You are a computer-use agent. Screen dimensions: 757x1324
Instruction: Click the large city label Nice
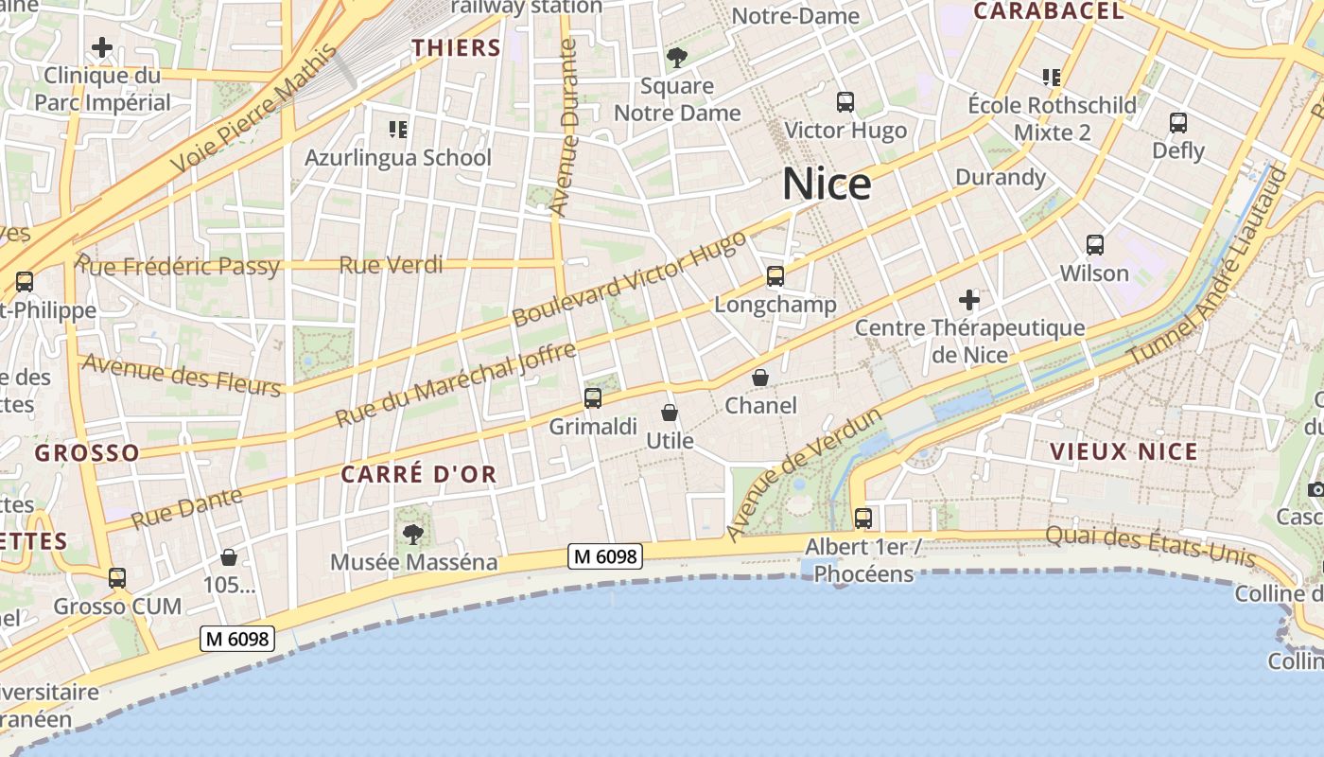point(827,184)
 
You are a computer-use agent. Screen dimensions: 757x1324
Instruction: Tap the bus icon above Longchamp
point(775,276)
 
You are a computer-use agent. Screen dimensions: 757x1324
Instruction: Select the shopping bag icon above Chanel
point(760,378)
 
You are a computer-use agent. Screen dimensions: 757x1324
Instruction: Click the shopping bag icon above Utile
point(670,413)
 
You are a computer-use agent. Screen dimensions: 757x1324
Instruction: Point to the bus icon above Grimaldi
point(593,398)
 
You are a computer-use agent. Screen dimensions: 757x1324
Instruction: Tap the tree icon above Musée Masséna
point(413,535)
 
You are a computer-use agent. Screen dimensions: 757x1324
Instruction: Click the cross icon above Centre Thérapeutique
point(969,301)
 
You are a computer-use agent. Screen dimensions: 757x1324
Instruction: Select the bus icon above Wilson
point(1095,245)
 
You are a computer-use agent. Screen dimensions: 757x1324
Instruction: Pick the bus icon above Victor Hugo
point(845,102)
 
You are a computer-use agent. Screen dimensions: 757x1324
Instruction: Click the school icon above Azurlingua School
point(398,129)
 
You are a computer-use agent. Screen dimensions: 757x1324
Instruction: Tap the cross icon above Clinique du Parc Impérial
point(102,47)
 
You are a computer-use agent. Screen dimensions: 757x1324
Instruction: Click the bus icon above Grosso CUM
point(117,577)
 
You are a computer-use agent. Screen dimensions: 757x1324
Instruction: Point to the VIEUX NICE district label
point(1124,451)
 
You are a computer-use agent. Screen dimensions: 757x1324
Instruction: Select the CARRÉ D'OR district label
point(418,475)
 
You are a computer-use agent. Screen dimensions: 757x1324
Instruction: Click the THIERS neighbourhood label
point(456,48)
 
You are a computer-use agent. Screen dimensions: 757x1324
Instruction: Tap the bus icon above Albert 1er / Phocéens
point(863,519)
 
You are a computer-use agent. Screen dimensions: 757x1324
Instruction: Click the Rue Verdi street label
point(391,265)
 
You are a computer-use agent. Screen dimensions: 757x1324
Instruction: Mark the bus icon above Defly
point(1178,123)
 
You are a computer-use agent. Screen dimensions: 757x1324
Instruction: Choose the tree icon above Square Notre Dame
point(677,58)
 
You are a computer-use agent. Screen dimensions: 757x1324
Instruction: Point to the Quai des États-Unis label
point(1150,547)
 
